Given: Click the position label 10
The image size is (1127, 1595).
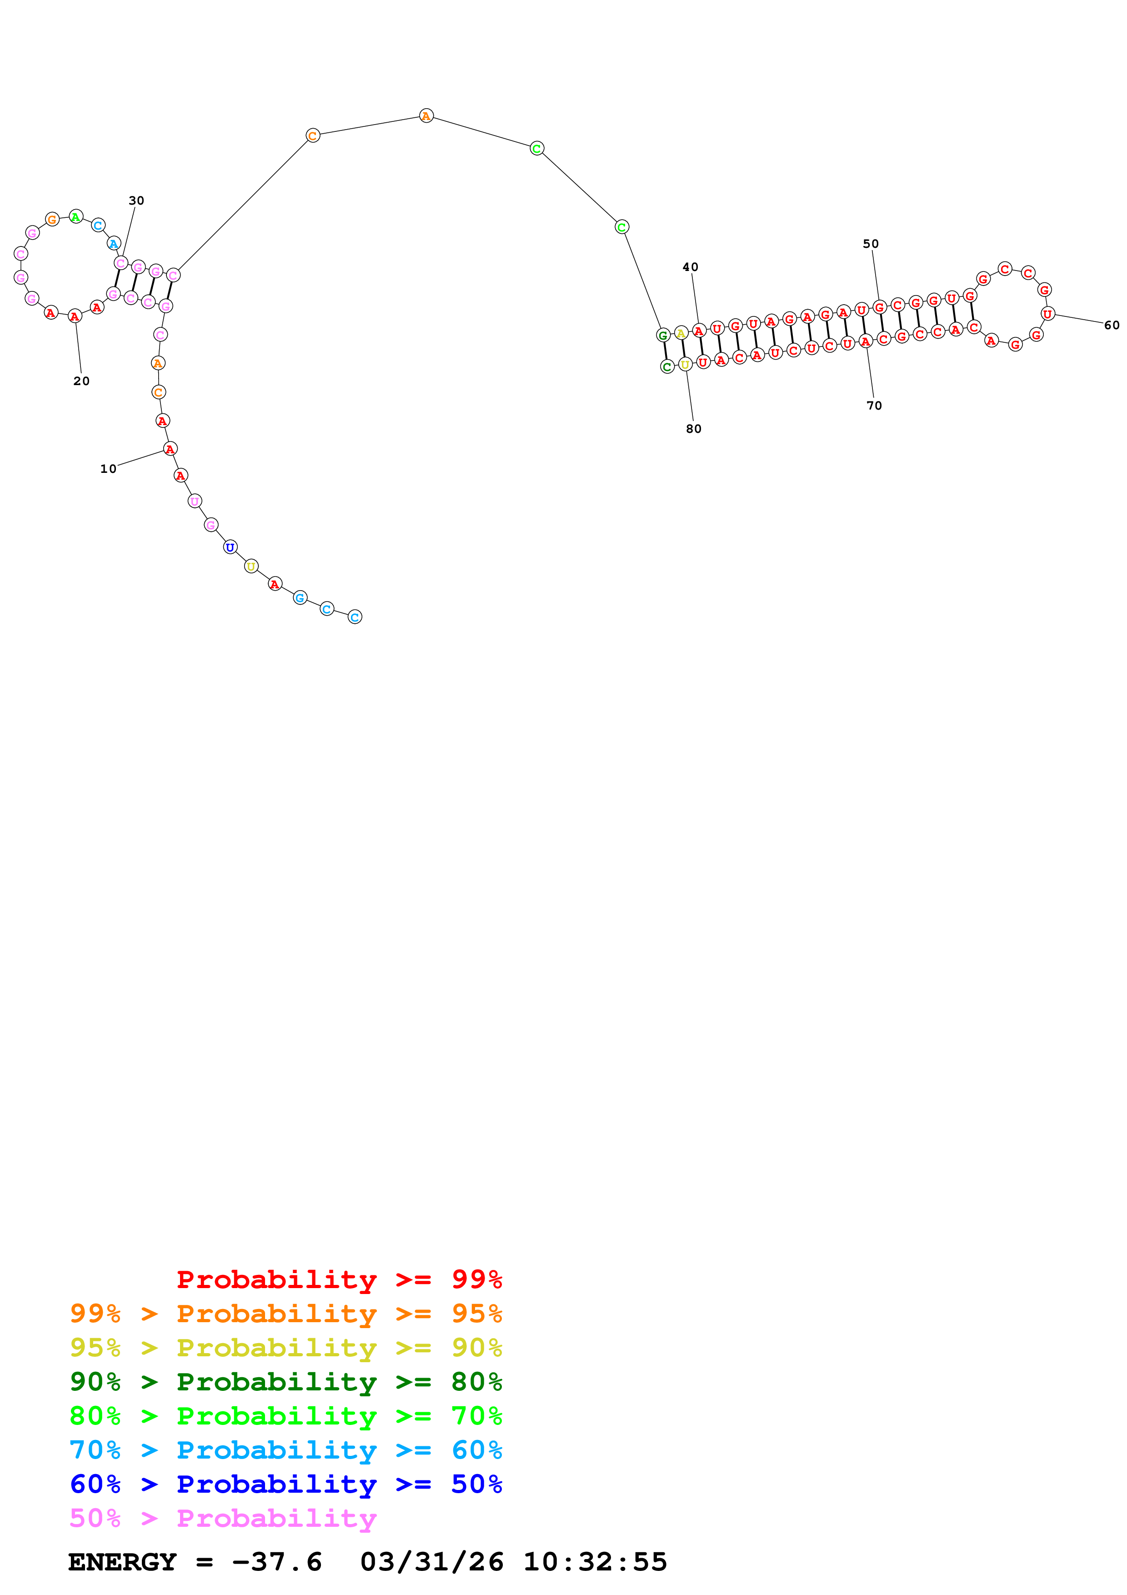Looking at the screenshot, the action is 108,469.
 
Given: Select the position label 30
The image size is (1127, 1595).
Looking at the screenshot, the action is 136,201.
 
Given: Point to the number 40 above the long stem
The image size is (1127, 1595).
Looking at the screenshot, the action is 690,267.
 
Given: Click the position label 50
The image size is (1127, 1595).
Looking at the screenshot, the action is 870,244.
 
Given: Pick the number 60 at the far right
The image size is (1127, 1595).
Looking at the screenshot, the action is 1111,325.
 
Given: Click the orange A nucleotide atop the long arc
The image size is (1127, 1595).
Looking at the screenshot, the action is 426,116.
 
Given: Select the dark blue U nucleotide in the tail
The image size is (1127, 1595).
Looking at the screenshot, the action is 230,547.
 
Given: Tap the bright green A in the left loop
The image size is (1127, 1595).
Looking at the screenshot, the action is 75,217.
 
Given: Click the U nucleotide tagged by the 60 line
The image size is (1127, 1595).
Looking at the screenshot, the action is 1047,314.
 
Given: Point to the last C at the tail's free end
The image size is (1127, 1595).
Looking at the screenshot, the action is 355,617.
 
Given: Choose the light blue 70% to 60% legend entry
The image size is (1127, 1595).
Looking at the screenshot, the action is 286,1450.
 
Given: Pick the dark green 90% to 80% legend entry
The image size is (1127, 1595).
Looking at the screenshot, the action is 286,1382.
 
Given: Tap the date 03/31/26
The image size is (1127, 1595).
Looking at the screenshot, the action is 431,1562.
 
